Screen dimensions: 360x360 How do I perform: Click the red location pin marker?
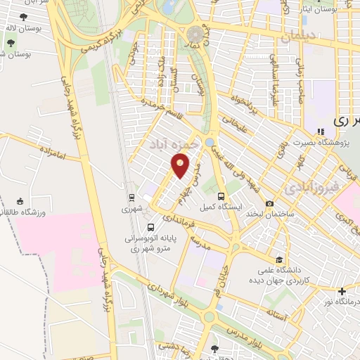point(181,165)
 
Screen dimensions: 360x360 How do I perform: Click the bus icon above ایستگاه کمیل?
point(222,196)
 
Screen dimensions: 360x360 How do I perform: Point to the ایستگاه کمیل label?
point(221,208)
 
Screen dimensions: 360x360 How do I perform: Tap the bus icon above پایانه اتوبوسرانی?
point(151,227)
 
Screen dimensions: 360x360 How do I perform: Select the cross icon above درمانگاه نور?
point(342,291)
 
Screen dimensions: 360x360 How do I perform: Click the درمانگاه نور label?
point(340,302)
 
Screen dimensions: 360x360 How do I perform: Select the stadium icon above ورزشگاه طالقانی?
point(20,200)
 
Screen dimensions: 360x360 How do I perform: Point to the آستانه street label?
point(276,316)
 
